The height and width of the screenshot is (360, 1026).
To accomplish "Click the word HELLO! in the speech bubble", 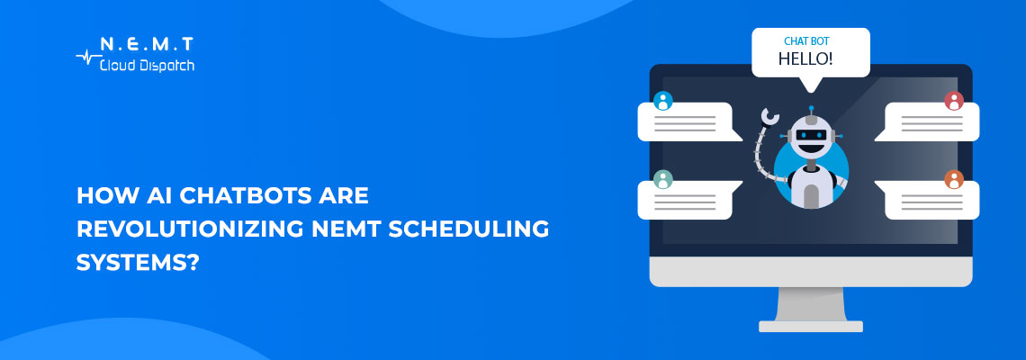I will [x=805, y=59].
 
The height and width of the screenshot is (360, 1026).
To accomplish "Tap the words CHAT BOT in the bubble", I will [x=805, y=40].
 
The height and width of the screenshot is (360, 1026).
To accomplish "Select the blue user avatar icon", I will [x=663, y=101].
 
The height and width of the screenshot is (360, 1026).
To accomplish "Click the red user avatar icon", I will [x=954, y=101].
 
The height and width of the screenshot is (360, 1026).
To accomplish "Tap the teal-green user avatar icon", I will [x=663, y=179].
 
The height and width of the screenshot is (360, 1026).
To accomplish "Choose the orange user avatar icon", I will [x=954, y=179].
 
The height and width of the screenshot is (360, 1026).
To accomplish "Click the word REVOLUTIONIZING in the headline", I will [x=162, y=229].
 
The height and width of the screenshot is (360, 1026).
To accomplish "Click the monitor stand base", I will [x=810, y=326].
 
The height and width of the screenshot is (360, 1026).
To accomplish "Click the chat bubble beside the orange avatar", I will [x=931, y=201].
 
